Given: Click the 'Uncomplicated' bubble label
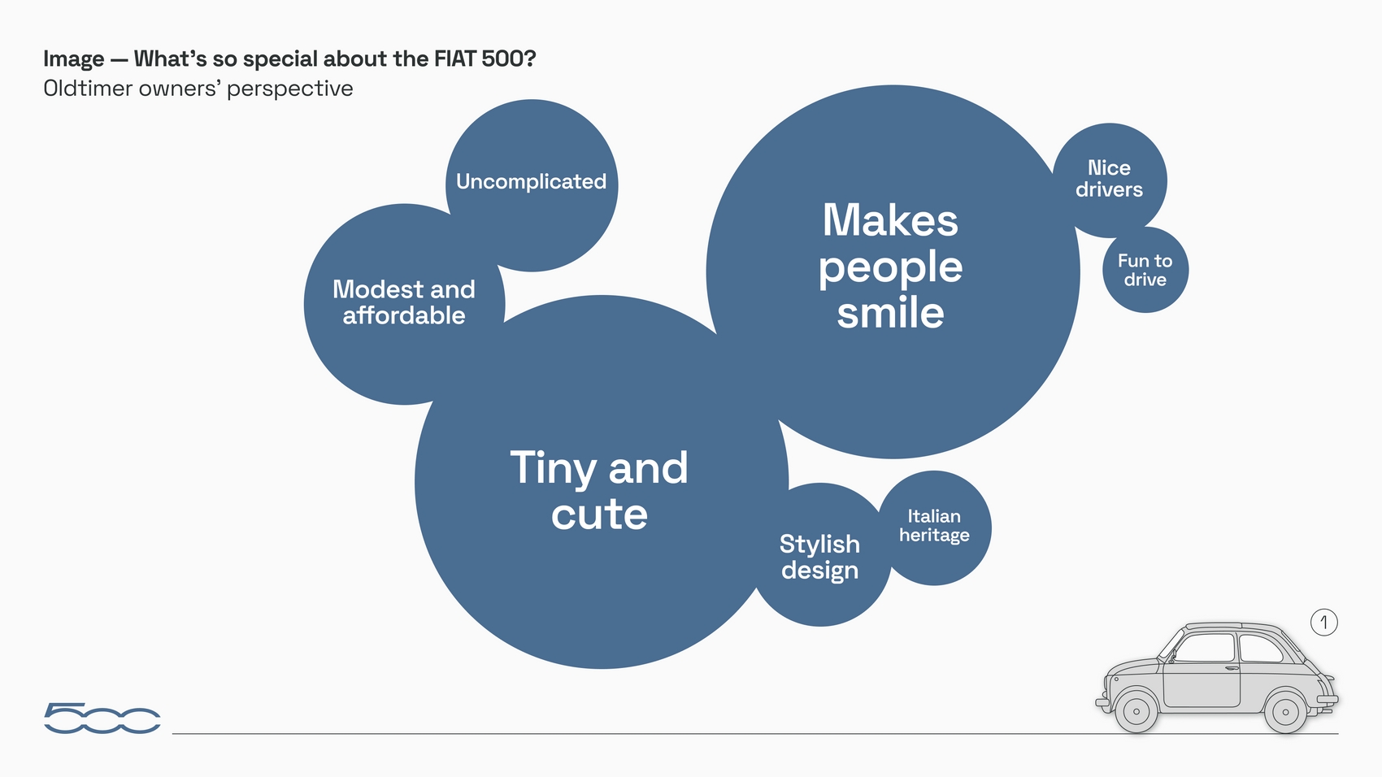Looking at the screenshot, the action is point(531,181).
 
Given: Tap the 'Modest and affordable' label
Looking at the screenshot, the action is point(404,302).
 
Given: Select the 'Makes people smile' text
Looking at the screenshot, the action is point(890,266).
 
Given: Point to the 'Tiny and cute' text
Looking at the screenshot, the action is point(599,489).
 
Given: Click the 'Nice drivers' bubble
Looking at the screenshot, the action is point(1110,180).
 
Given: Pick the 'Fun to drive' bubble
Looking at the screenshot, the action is point(1145,270).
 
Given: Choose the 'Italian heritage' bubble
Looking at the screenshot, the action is point(934,527).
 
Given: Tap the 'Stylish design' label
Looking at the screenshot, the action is point(819,557).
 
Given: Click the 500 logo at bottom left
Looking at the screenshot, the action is point(102,718).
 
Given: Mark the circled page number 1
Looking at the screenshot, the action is point(1324,623).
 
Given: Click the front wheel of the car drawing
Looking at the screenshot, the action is point(1136,711).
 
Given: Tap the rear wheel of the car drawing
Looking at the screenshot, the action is point(1285,712).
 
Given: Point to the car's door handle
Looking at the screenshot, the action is point(1232,668).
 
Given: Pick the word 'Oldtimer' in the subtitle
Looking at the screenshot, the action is point(88,88).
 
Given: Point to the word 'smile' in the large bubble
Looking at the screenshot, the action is point(890,313).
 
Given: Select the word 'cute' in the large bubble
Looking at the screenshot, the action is point(599,514).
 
